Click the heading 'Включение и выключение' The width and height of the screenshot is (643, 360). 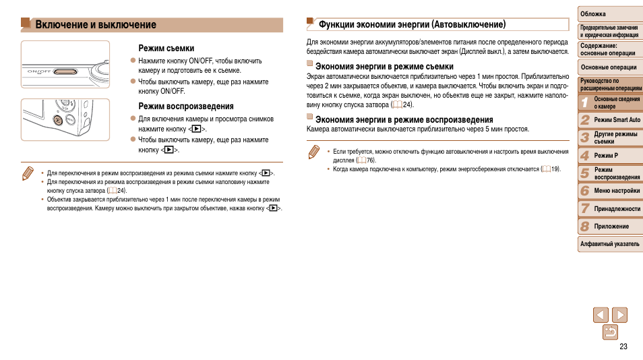[96, 25]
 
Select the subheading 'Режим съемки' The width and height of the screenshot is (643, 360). [166, 49]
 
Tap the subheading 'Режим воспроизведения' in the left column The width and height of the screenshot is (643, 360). [186, 107]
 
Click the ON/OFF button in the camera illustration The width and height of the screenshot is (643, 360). [65, 70]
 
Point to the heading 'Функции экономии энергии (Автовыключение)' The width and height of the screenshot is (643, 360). [412, 24]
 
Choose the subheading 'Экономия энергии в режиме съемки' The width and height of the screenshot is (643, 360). [384, 67]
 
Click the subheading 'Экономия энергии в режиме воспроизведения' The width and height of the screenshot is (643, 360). [395, 119]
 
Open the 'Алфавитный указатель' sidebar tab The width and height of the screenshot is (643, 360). [609, 243]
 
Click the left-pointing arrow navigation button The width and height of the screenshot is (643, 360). [601, 314]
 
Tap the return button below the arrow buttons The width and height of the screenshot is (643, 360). [610, 332]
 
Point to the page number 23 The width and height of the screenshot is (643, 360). [623, 347]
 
